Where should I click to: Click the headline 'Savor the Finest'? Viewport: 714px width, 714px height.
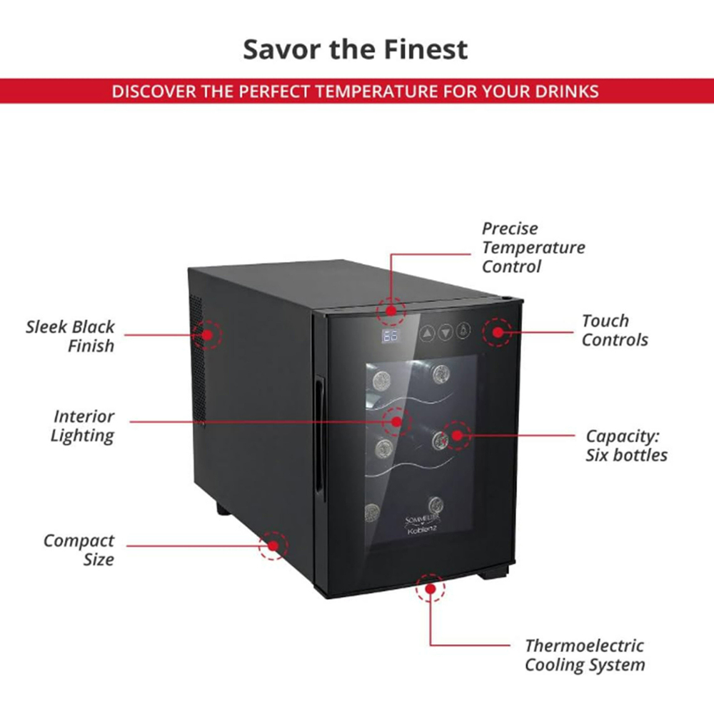(356, 49)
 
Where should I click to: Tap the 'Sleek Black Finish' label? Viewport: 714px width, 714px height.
(70, 336)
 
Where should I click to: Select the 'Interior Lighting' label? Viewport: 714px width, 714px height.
(83, 426)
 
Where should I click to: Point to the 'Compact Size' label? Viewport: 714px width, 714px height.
(79, 550)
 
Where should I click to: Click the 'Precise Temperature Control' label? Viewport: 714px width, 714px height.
(533, 248)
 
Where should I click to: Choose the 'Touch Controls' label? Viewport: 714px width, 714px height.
(614, 330)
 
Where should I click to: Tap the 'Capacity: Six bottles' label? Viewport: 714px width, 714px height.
(626, 445)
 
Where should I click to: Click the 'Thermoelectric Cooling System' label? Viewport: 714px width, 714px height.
(584, 655)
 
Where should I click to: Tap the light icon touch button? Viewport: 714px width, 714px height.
(464, 332)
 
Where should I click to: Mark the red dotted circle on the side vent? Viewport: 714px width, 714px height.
(208, 334)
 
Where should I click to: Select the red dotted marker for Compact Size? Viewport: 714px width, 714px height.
(273, 545)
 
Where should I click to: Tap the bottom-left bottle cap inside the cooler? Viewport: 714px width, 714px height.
(372, 511)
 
